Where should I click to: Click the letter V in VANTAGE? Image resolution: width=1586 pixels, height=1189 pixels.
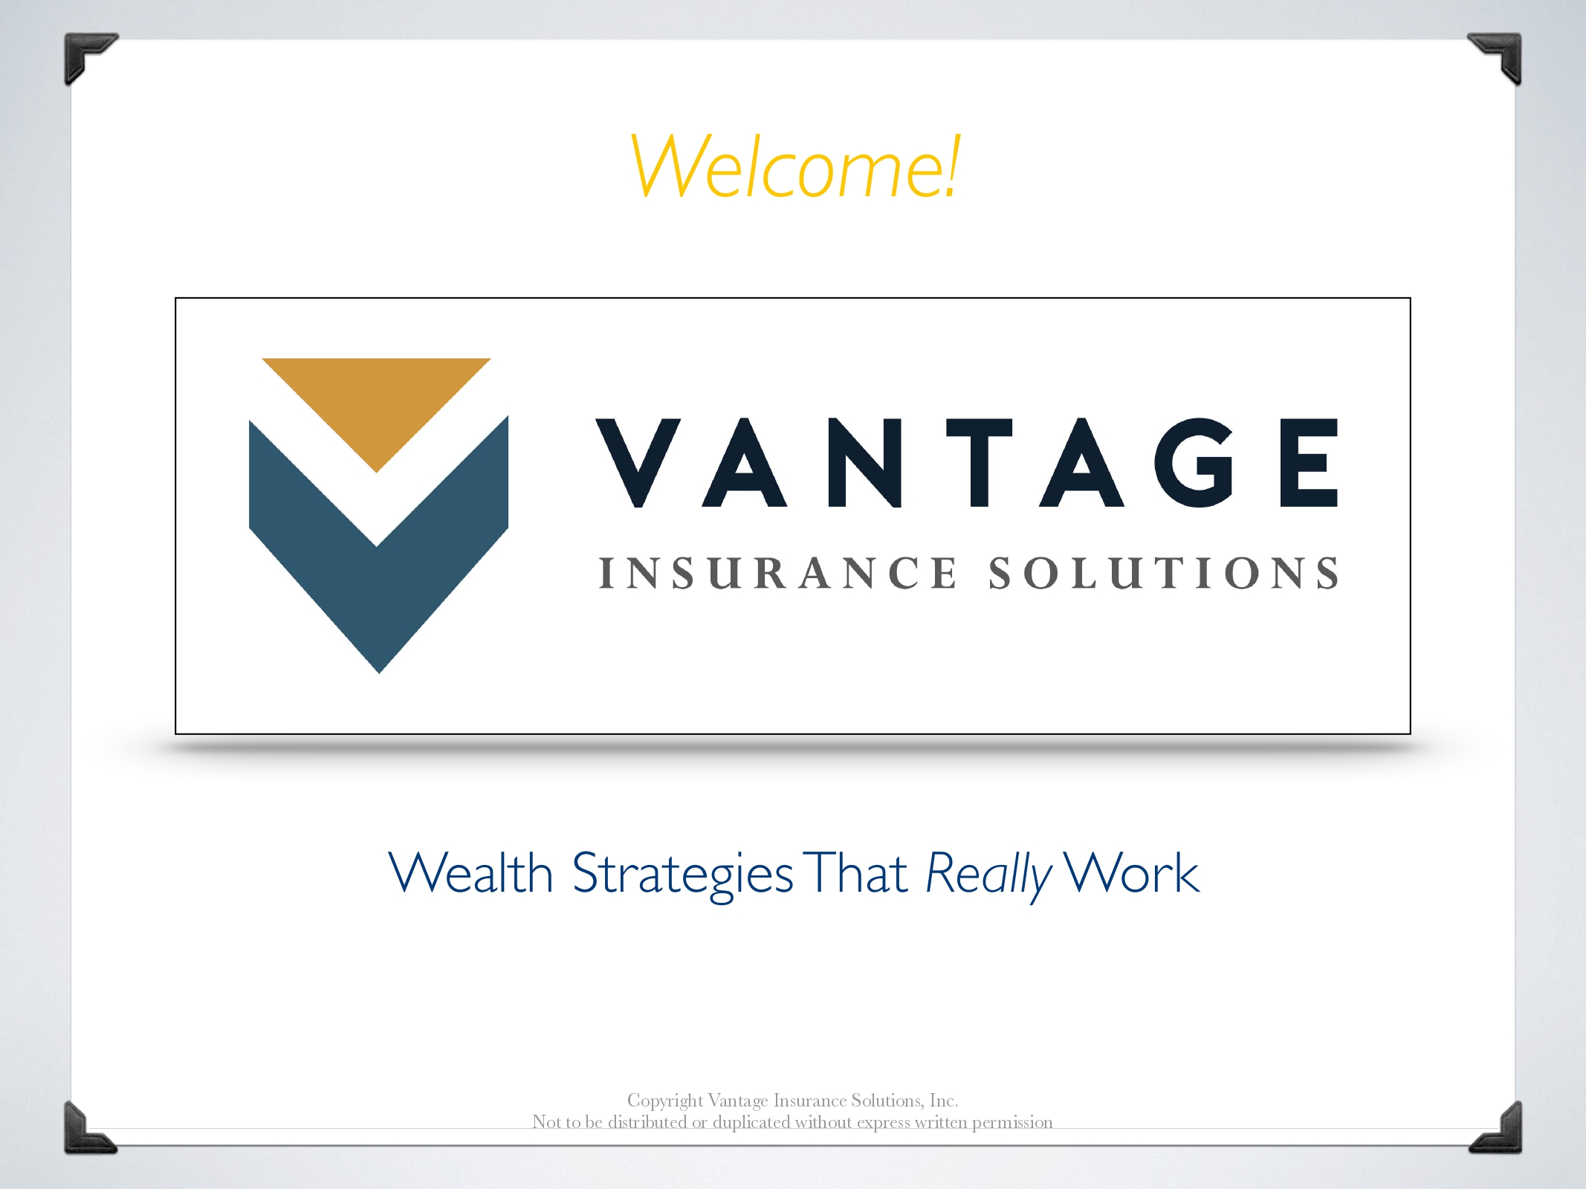[x=638, y=463]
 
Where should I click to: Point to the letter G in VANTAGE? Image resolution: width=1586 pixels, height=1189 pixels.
[x=1194, y=463]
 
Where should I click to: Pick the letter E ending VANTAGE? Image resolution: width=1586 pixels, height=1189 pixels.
[x=1309, y=463]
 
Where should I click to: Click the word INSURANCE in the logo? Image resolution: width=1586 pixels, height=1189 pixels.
[x=777, y=573]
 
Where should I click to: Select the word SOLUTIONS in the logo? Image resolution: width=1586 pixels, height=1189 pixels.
[x=1164, y=573]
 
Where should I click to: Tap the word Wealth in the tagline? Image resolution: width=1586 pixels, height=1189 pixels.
[x=470, y=872]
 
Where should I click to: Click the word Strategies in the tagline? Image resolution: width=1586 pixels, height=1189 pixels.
[x=682, y=875]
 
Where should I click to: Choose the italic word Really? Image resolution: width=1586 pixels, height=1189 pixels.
[x=989, y=875]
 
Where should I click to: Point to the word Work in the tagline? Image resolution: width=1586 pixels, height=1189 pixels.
[x=1131, y=872]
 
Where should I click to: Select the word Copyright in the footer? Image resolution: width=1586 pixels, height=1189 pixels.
[x=664, y=1101]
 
